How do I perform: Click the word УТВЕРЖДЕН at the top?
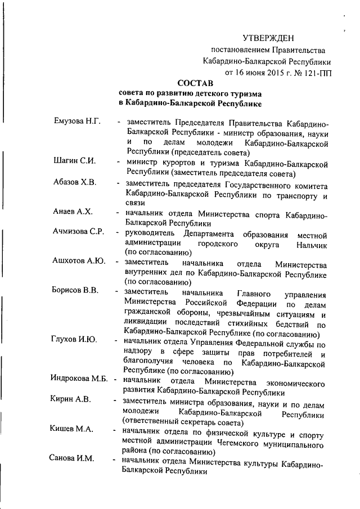[268, 38]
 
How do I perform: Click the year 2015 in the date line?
[269, 72]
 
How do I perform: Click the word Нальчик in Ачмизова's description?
[310, 245]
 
